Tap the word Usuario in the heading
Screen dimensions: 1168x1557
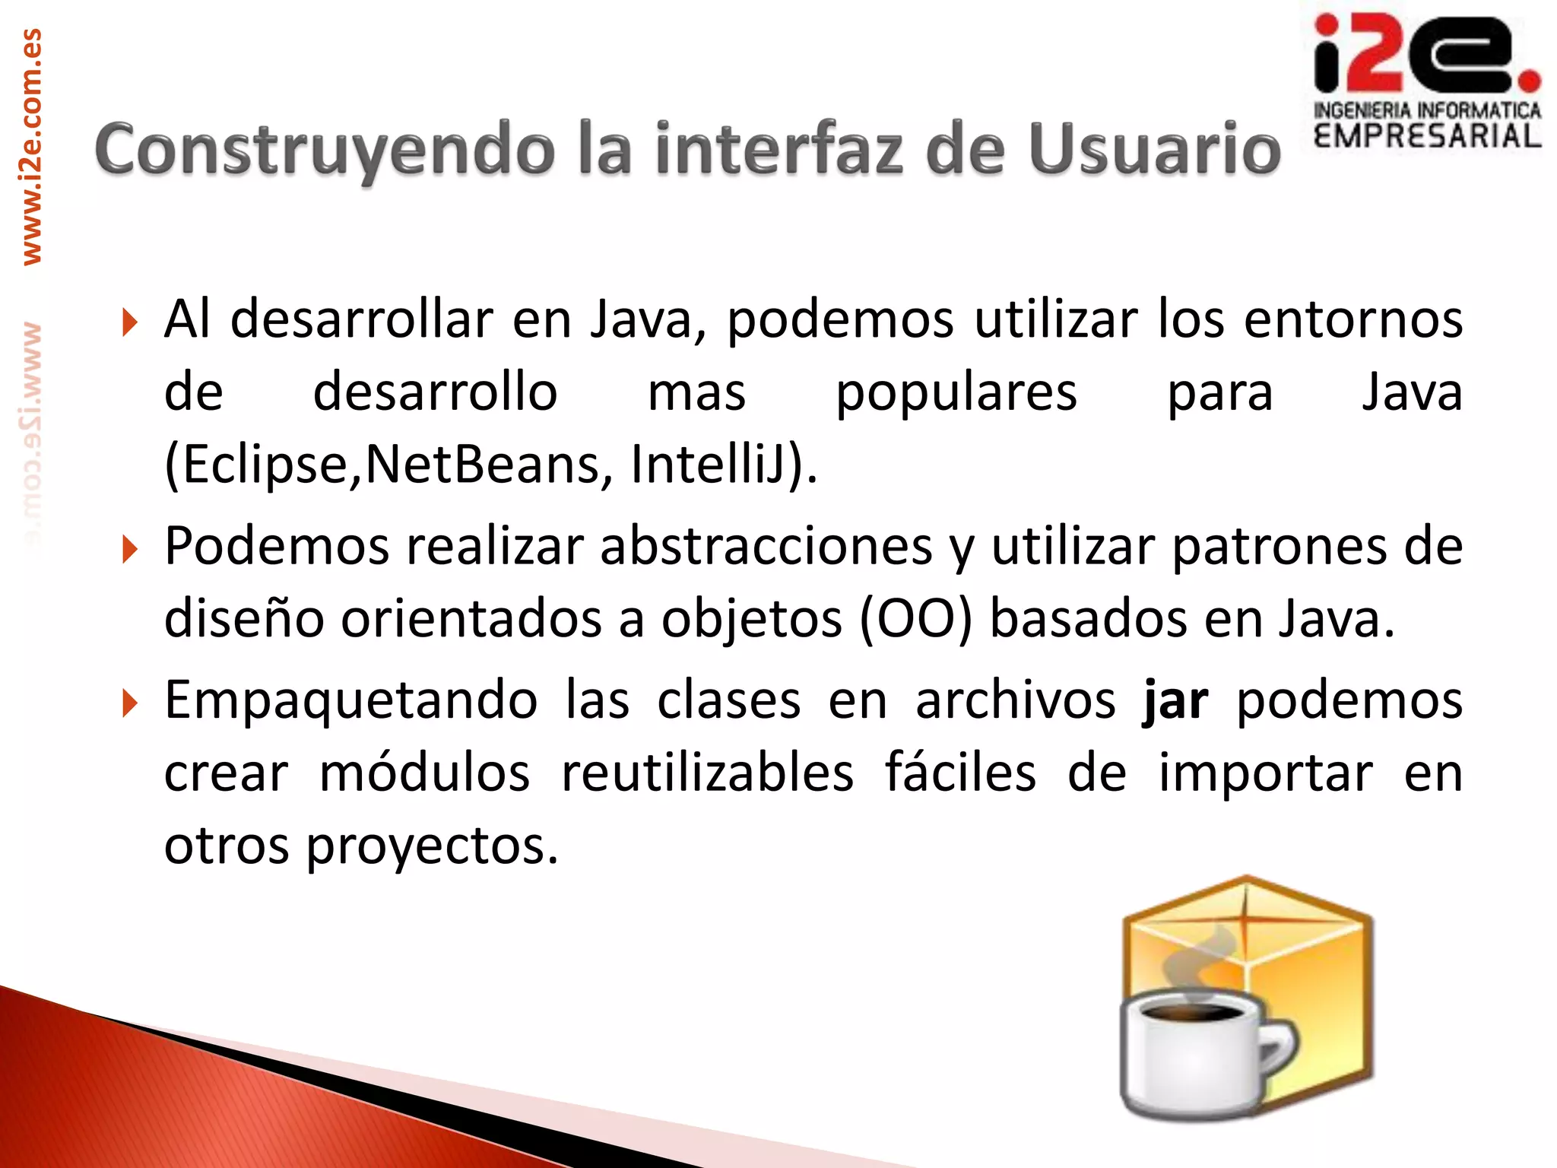coord(1155,150)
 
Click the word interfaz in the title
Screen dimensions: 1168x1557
coord(778,150)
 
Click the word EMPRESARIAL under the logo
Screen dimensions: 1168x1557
coord(1427,137)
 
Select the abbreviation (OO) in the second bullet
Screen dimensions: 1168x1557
coord(916,619)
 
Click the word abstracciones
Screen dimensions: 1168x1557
coord(766,546)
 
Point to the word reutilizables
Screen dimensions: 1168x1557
coord(708,773)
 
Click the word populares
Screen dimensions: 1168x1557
coord(956,394)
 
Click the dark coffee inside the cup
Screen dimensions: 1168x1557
coord(1196,1014)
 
